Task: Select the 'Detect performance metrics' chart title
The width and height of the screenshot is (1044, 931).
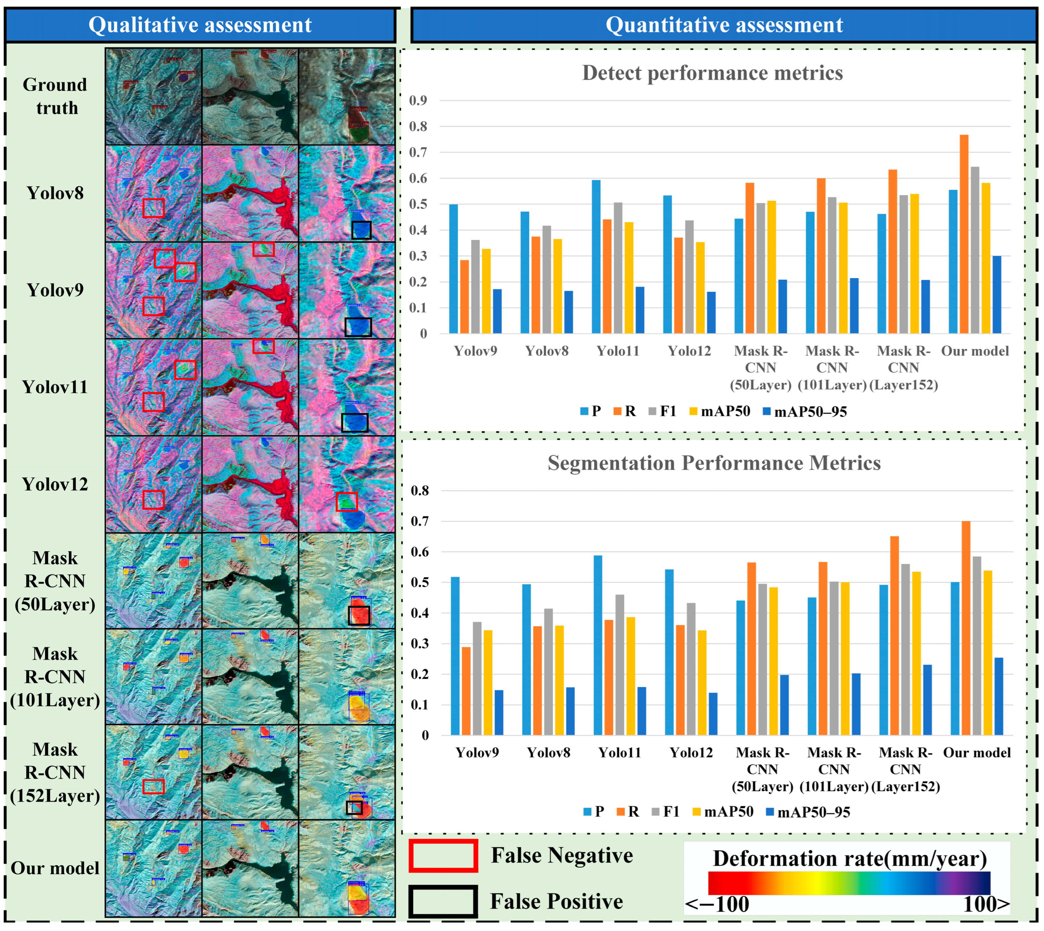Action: [712, 73]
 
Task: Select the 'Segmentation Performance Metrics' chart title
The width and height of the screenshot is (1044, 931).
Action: [714, 463]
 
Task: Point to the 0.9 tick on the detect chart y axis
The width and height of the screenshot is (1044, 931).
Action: [418, 100]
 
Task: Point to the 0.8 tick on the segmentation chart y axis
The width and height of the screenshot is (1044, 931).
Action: [420, 491]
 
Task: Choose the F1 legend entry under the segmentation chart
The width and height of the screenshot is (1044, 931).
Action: [665, 812]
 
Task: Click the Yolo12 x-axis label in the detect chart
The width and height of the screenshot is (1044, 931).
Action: [689, 351]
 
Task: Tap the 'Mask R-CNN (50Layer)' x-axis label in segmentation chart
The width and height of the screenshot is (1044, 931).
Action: [762, 769]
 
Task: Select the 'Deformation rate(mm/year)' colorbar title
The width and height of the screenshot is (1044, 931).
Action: [849, 859]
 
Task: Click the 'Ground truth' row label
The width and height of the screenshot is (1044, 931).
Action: [55, 96]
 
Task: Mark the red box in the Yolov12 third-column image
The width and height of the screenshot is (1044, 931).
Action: [347, 501]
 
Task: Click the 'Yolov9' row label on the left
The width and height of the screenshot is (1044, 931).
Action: [55, 290]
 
